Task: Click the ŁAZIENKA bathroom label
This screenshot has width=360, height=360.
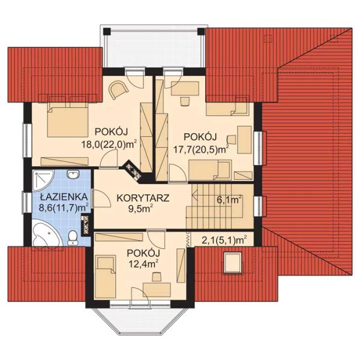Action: [64, 197]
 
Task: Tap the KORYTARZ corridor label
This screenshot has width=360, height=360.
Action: [143, 198]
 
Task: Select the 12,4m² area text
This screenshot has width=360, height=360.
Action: [143, 264]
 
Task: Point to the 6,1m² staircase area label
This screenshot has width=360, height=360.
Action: [229, 200]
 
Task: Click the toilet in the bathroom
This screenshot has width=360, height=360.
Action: [73, 238]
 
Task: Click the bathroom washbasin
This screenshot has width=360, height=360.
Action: [73, 175]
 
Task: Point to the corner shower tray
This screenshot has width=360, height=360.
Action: [43, 180]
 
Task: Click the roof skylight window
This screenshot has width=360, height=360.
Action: [233, 262]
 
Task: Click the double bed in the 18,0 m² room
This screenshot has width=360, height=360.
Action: [68, 119]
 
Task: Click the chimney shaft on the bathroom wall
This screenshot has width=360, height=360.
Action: [86, 226]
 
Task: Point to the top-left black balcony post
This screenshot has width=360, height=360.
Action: [107, 31]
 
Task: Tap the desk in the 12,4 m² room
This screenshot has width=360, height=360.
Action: [157, 289]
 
